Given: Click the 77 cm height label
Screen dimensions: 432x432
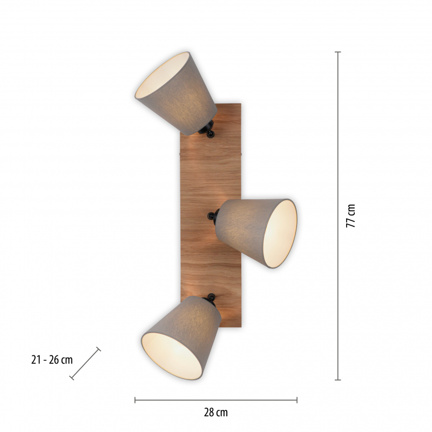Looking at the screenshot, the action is pyautogui.click(x=350, y=215).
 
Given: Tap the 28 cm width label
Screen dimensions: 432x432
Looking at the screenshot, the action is pyautogui.click(x=215, y=413).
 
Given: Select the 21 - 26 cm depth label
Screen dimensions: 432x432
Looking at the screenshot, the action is pyautogui.click(x=52, y=360).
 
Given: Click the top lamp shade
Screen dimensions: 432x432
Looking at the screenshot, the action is pyautogui.click(x=176, y=93).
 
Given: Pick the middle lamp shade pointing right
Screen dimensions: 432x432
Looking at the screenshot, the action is pyautogui.click(x=256, y=233).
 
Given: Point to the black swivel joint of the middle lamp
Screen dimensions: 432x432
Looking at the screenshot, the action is pyautogui.click(x=213, y=215).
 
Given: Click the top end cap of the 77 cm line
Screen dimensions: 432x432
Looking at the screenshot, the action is pyautogui.click(x=338, y=52).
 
